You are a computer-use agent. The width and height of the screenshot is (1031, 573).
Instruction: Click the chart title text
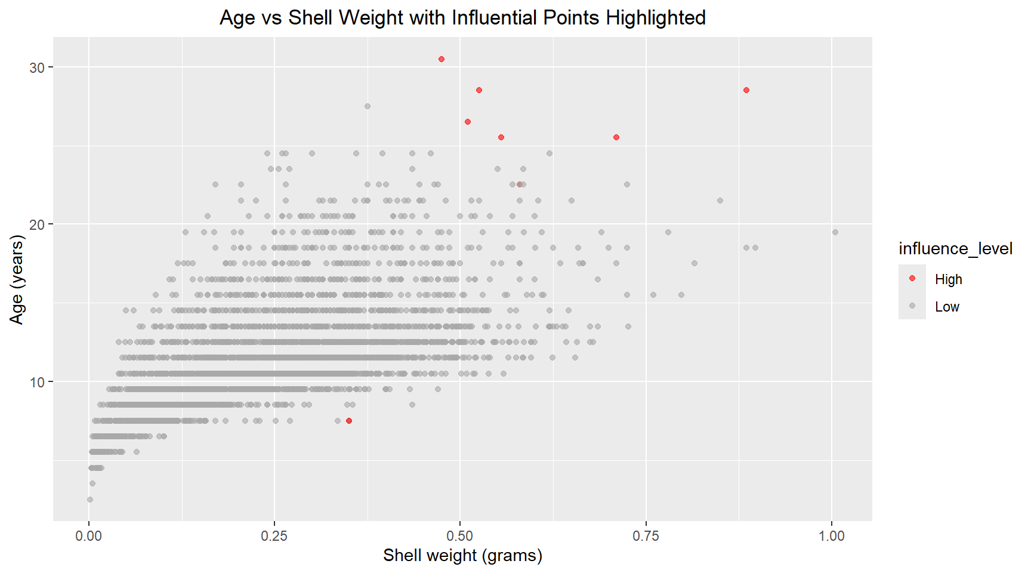462,18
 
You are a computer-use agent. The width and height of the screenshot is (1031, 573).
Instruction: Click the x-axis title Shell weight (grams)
462,555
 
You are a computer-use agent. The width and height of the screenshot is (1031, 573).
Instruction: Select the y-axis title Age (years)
17,279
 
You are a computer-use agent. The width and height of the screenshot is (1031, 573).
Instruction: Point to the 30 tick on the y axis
37,67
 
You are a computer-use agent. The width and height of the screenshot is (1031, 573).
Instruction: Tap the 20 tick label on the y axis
37,225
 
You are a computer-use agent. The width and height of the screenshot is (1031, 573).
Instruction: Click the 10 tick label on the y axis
37,382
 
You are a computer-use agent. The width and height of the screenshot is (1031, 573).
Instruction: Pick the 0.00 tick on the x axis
89,535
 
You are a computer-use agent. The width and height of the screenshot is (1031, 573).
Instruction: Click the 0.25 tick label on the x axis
274,535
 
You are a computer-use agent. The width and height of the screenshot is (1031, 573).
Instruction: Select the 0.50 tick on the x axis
460,535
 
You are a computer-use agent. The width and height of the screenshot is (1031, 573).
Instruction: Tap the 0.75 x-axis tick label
646,535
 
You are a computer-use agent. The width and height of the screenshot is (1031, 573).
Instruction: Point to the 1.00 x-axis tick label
831,535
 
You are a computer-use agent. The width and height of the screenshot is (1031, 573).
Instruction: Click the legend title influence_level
955,248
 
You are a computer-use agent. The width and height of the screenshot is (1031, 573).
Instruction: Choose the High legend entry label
948,279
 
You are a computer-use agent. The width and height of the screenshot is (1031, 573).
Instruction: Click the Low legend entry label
947,307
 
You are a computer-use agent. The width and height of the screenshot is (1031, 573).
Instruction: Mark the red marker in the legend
912,278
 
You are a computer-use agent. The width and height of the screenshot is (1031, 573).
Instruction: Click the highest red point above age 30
442,59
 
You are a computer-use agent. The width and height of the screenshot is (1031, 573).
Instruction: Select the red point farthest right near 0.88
746,90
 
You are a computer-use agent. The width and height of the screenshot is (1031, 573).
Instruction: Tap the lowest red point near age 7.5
349,421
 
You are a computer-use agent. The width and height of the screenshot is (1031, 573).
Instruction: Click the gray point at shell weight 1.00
835,232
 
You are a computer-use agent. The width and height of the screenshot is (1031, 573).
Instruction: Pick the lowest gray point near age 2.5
90,500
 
